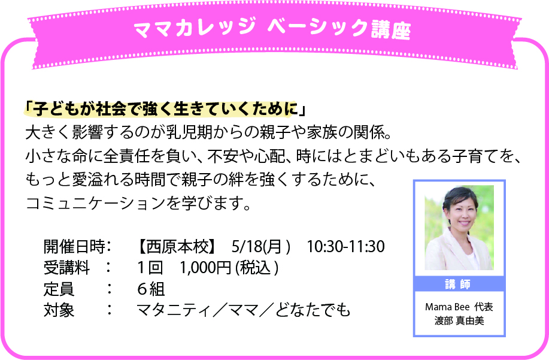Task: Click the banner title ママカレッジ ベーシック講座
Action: click(272, 29)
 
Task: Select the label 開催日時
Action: click(74, 247)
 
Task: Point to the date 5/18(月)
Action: click(261, 247)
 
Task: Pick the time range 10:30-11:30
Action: click(346, 247)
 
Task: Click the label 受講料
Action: click(66, 268)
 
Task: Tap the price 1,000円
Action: click(205, 268)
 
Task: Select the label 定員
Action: click(59, 289)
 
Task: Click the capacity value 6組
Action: click(151, 289)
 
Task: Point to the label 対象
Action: click(59, 310)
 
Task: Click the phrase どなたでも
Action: click(313, 310)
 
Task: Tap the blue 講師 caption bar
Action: click(459, 284)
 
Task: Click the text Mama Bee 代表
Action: click(459, 307)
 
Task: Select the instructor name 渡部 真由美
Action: click(459, 320)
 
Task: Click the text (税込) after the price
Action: click(257, 268)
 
